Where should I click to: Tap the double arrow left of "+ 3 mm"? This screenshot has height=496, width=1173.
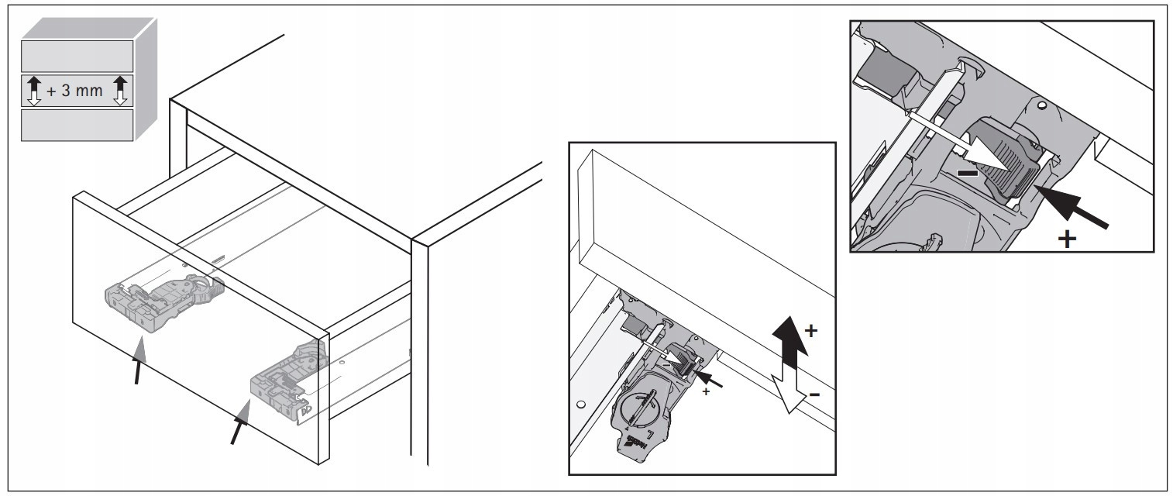click(33, 90)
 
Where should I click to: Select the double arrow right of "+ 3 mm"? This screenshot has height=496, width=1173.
click(121, 90)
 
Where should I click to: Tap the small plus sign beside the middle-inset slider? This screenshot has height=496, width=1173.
click(706, 392)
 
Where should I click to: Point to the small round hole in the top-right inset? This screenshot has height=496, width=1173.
click(1043, 105)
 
